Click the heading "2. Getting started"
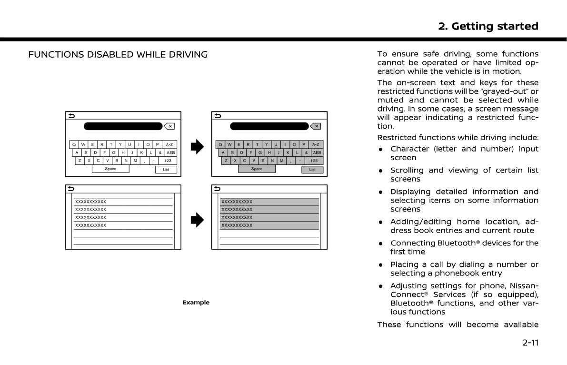[x=488, y=26]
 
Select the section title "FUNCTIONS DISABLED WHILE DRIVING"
[x=118, y=55]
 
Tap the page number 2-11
[x=530, y=342]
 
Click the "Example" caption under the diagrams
[x=196, y=303]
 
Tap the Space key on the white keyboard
[x=110, y=169]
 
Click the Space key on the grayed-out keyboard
[x=257, y=169]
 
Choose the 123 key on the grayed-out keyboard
[x=314, y=161]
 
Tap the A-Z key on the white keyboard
[x=169, y=144]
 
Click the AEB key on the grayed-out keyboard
[x=317, y=152]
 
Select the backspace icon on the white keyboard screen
[x=169, y=126]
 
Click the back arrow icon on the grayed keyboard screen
[x=218, y=115]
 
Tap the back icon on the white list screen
[x=71, y=188]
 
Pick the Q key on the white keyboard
[x=74, y=144]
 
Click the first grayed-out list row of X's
[x=269, y=202]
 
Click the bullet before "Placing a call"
[x=381, y=264]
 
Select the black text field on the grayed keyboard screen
[x=269, y=126]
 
